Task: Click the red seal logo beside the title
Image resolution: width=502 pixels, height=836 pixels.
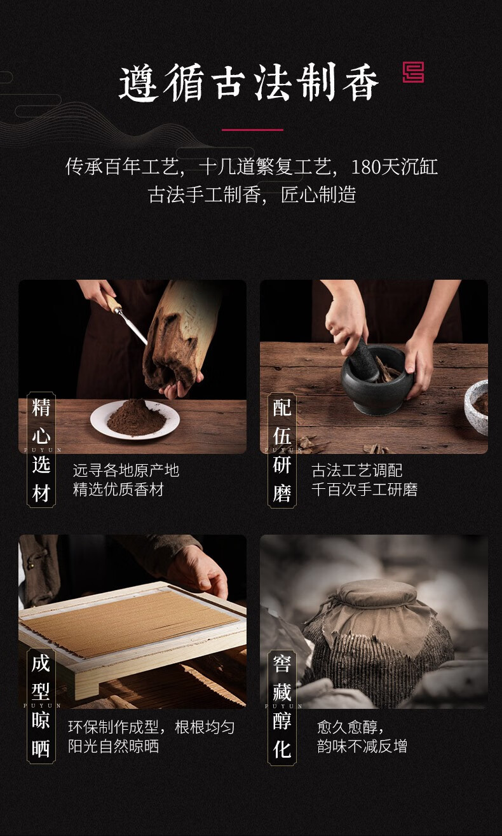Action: pyautogui.click(x=413, y=72)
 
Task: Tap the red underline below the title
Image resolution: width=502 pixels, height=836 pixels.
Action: pyautogui.click(x=252, y=130)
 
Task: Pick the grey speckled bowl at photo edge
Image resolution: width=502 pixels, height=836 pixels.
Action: pyautogui.click(x=477, y=406)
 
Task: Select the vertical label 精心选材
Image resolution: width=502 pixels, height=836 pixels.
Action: pyautogui.click(x=41, y=449)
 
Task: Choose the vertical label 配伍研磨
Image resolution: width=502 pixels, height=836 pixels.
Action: pyautogui.click(x=282, y=449)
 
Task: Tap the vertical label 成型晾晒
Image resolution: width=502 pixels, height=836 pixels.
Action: pyautogui.click(x=41, y=706)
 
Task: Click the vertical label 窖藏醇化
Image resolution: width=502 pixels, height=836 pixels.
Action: pyautogui.click(x=282, y=706)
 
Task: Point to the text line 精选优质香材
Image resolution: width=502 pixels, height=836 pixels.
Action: pyautogui.click(x=118, y=490)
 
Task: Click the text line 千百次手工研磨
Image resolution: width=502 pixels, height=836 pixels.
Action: pyautogui.click(x=364, y=490)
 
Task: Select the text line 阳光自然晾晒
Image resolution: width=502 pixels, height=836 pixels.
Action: pyautogui.click(x=113, y=746)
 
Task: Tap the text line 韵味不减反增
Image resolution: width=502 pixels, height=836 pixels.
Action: pyautogui.click(x=362, y=746)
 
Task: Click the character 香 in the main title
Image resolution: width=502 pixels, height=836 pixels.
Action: pyautogui.click(x=360, y=82)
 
